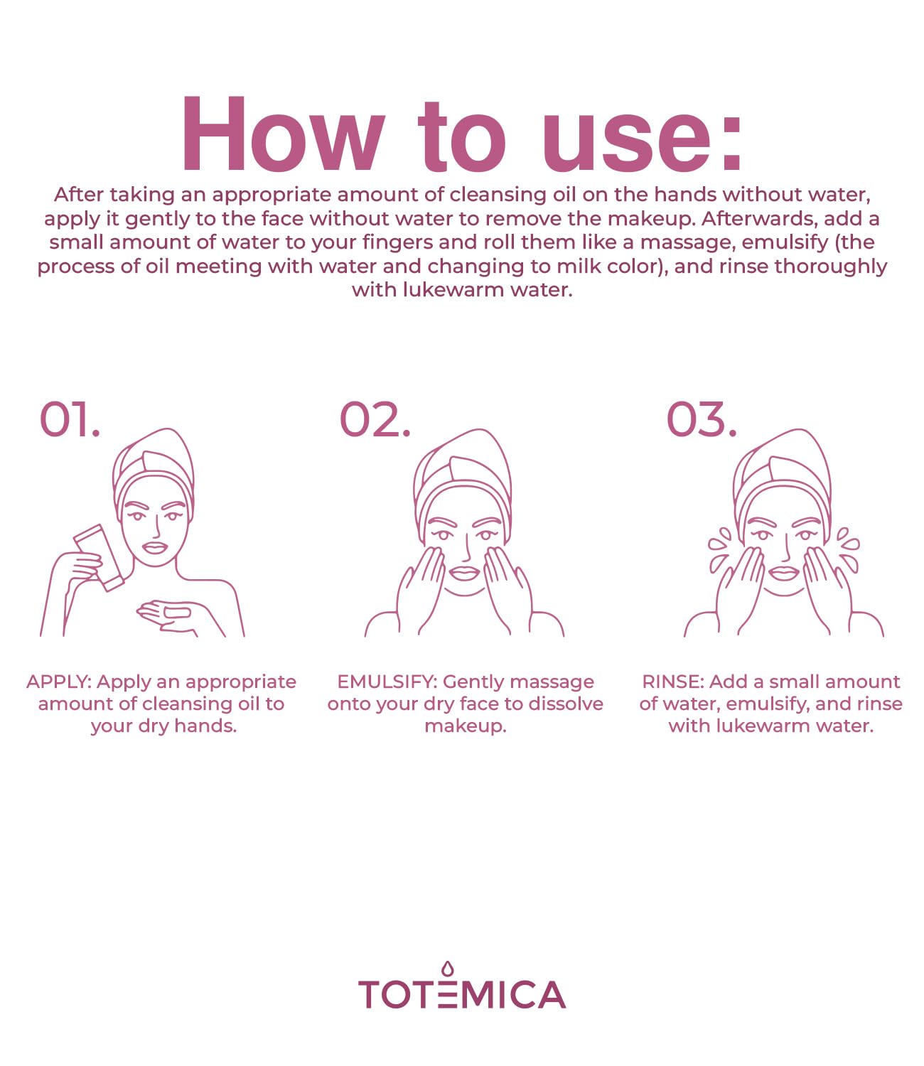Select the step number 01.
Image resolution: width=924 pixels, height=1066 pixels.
pyautogui.click(x=69, y=419)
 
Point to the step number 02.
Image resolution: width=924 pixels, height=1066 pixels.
pyautogui.click(x=375, y=419)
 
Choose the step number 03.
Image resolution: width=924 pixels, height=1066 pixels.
pyautogui.click(x=701, y=419)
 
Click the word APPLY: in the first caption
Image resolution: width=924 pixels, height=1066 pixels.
pyautogui.click(x=59, y=682)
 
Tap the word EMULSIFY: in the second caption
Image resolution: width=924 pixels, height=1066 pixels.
pyautogui.click(x=387, y=682)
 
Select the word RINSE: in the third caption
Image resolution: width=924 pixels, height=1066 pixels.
pyautogui.click(x=672, y=682)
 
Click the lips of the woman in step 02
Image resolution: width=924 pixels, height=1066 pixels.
pyautogui.click(x=465, y=573)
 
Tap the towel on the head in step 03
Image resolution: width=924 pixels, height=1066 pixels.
pyautogui.click(x=782, y=462)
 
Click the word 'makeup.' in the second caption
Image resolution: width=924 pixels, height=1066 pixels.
pyautogui.click(x=466, y=726)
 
